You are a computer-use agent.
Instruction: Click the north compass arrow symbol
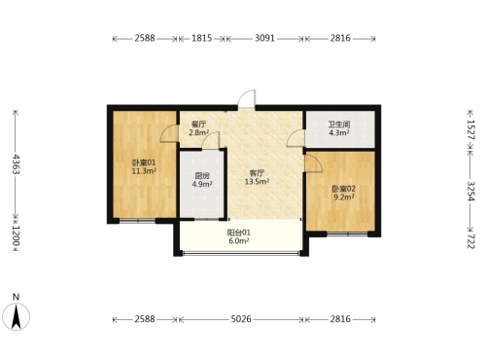[16, 316]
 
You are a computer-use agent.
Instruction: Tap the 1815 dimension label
[201, 38]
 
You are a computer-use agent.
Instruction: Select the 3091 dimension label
[264, 38]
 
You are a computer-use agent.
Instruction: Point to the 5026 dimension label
[241, 319]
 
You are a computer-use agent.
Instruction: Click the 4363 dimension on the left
[16, 164]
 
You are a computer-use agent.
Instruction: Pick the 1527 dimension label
[470, 129]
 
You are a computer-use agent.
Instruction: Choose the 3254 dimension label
[470, 191]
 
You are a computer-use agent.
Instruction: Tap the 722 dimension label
[470, 241]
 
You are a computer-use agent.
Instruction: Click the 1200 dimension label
[16, 235]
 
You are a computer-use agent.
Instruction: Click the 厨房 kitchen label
[202, 176]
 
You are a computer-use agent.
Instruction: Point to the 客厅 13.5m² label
[257, 177]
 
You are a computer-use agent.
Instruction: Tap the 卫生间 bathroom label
[339, 125]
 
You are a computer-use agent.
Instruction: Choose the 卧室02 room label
[344, 189]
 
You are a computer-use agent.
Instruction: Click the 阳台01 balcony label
[239, 233]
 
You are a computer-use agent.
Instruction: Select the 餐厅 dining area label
[198, 125]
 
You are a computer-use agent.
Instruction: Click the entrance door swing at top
[247, 99]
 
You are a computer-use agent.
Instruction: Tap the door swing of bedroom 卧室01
[169, 133]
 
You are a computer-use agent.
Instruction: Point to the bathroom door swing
[295, 138]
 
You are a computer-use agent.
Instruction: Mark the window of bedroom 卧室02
[347, 234]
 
